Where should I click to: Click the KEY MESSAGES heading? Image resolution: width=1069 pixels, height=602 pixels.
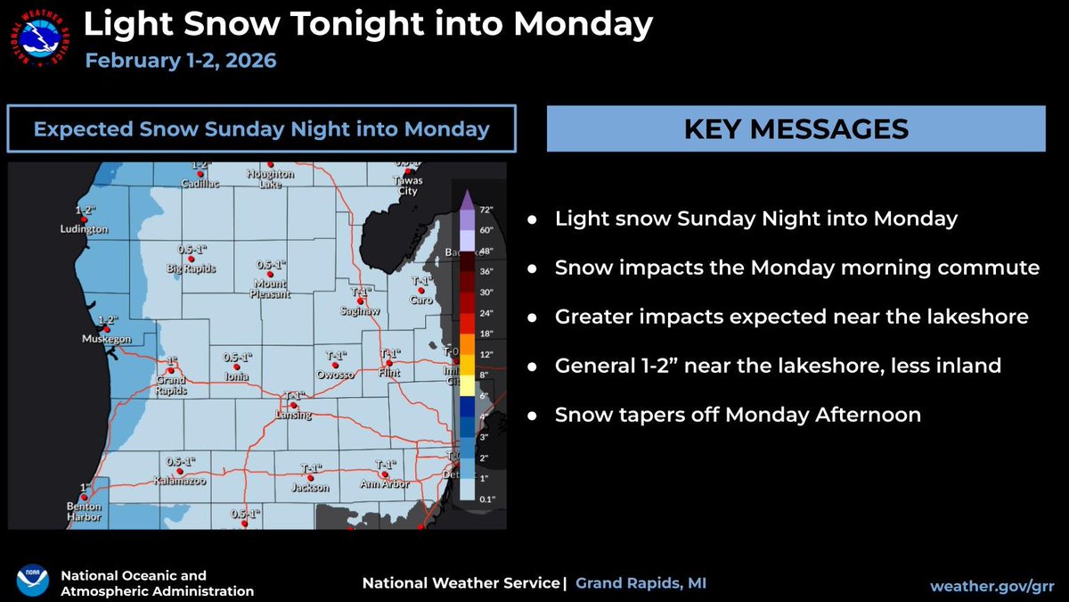[796, 128]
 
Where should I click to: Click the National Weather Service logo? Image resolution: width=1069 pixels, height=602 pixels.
[40, 39]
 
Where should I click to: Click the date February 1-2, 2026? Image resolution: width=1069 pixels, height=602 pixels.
[181, 62]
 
